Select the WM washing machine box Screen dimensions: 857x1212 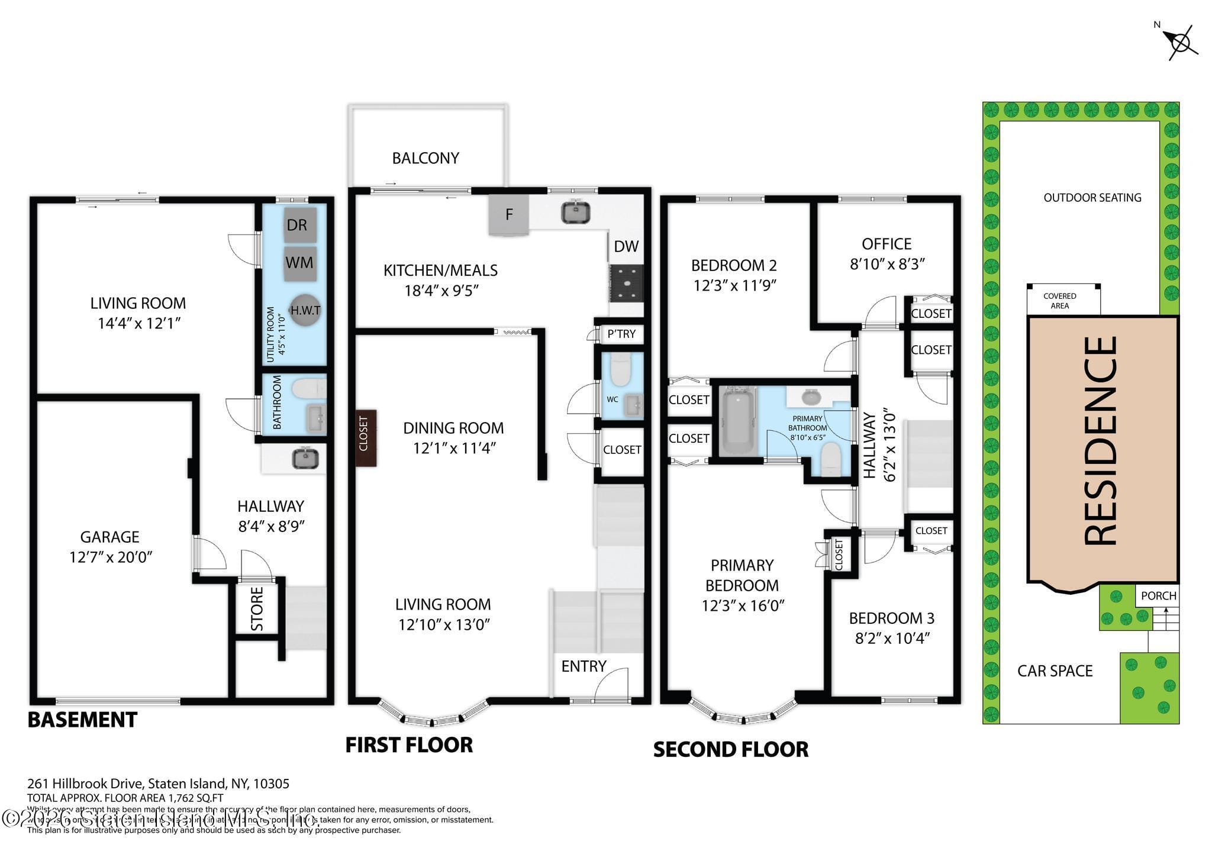click(x=299, y=263)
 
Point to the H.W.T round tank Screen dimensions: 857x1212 click(x=305, y=310)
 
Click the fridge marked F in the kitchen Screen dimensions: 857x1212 click(x=508, y=215)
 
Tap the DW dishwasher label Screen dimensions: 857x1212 click(x=626, y=247)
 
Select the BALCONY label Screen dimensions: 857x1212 click(x=426, y=158)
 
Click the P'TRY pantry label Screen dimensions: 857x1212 click(x=621, y=334)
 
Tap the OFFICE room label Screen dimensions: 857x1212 click(x=886, y=244)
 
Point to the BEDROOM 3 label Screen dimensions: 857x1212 click(x=891, y=618)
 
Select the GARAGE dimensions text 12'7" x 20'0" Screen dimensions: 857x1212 click(x=111, y=557)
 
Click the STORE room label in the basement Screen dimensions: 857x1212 click(x=257, y=609)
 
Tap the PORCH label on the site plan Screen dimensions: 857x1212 click(x=1158, y=596)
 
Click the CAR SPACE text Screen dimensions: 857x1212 click(x=1055, y=671)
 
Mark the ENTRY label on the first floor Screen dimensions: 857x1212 click(x=584, y=666)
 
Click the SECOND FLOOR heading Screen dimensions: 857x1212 click(x=730, y=749)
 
